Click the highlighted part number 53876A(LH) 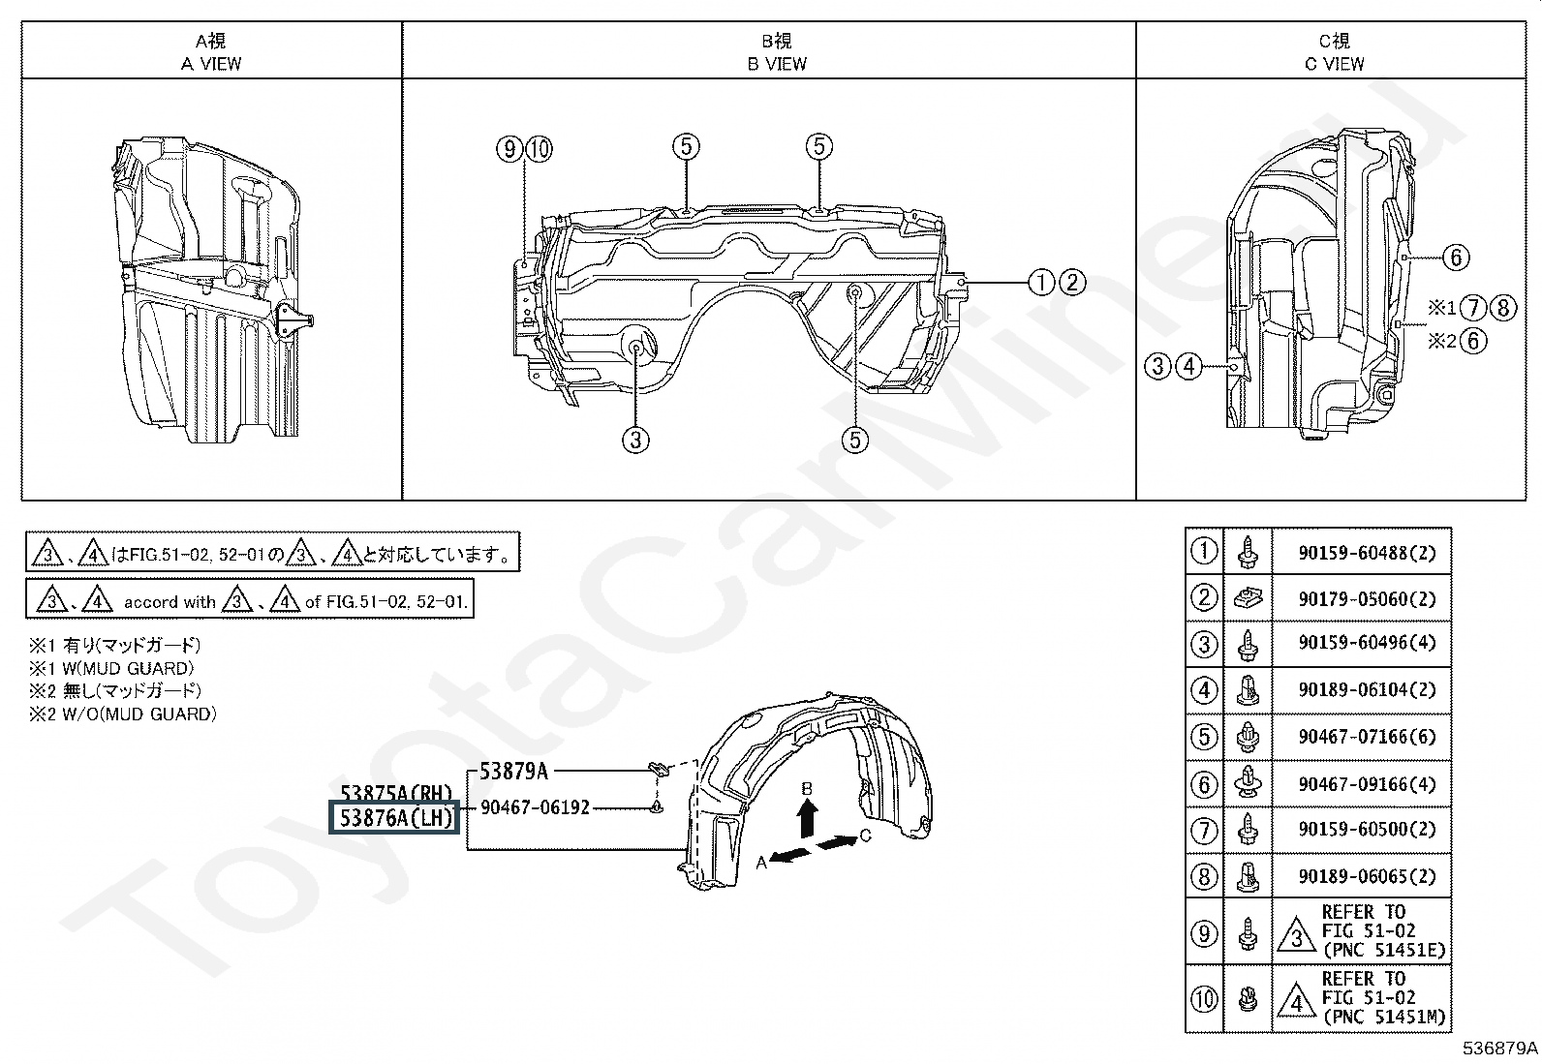point(394,818)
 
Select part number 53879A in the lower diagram point(513,771)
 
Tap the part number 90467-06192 point(535,807)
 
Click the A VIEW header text point(211,64)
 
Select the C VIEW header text point(1334,64)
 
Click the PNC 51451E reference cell point(1361,931)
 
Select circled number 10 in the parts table point(1204,998)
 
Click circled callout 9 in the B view point(509,149)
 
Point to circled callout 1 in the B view point(1041,282)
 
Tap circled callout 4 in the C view point(1188,366)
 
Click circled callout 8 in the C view point(1503,308)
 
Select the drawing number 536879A point(1499,1049)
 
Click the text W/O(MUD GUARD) point(139,714)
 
